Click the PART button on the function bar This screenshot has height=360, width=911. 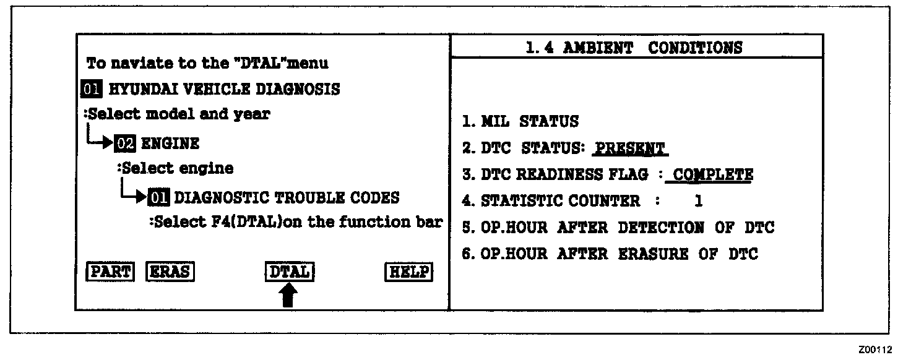[110, 272]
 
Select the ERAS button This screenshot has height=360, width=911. [170, 272]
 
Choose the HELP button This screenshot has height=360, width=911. [408, 272]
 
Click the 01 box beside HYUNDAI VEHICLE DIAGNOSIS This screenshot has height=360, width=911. [91, 89]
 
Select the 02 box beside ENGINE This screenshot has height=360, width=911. [124, 144]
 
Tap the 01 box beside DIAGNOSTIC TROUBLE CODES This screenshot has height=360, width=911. [158, 197]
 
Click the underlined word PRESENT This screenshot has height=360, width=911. [629, 149]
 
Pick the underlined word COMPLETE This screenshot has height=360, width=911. [712, 174]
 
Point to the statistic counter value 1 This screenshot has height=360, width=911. [699, 201]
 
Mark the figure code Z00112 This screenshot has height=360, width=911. [875, 350]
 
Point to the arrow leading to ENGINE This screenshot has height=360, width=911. [100, 142]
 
